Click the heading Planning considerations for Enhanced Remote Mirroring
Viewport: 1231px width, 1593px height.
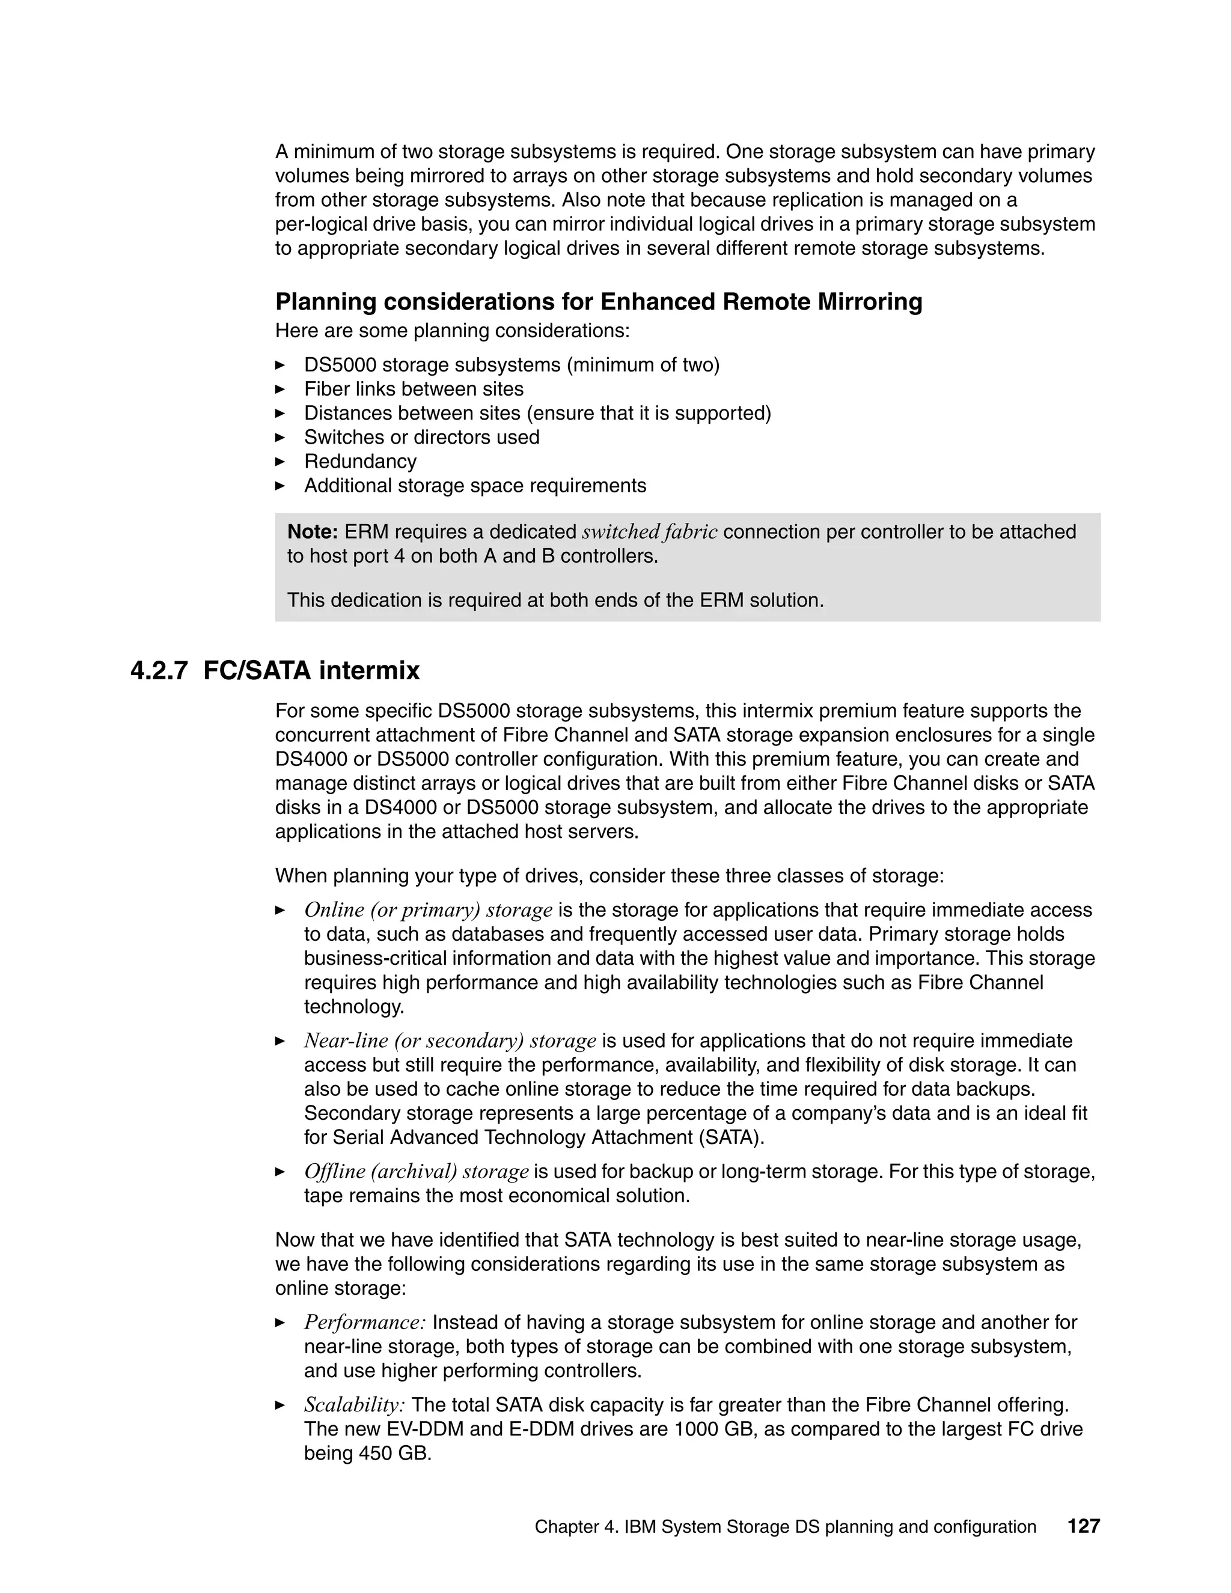(x=598, y=301)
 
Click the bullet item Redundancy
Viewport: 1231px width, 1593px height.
(x=360, y=461)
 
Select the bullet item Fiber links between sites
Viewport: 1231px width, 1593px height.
(x=414, y=389)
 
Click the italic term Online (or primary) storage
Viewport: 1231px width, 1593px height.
(x=428, y=910)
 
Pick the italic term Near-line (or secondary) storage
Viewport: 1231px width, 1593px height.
(x=450, y=1040)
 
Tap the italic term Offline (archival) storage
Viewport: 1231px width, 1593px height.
(x=416, y=1172)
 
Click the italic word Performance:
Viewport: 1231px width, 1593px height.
(x=365, y=1322)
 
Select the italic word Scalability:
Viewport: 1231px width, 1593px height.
(x=355, y=1405)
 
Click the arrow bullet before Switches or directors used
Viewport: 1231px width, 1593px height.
(x=280, y=438)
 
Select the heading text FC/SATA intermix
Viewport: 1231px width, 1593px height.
(x=311, y=670)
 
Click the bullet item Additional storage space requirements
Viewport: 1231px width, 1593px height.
(x=475, y=485)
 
